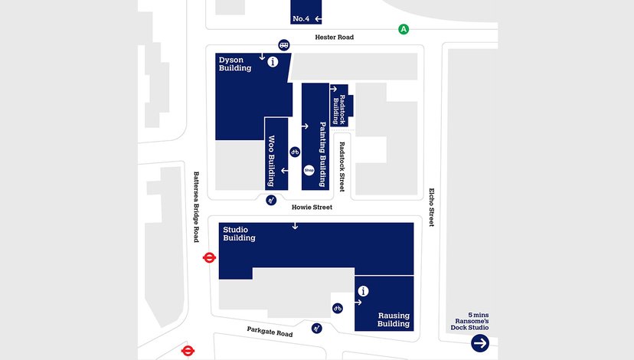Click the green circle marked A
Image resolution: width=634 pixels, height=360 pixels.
tap(404, 30)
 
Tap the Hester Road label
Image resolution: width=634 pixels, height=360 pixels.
tap(335, 37)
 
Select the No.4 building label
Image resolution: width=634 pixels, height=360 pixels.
tap(301, 18)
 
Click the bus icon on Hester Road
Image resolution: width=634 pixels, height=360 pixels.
tap(284, 45)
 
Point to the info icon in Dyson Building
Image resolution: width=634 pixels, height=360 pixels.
tap(273, 63)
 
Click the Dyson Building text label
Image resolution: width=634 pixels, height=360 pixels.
tap(235, 64)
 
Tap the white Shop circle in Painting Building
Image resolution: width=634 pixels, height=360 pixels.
tap(309, 170)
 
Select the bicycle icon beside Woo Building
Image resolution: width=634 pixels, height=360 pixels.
tap(294, 152)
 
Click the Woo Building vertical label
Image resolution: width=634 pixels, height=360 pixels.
tap(271, 161)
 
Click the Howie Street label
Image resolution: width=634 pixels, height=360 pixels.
tap(312, 207)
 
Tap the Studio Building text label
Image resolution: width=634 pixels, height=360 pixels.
tap(239, 234)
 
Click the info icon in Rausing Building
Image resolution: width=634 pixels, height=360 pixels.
tap(363, 291)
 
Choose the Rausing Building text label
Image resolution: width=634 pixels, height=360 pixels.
tap(394, 319)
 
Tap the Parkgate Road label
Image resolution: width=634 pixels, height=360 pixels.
tap(270, 333)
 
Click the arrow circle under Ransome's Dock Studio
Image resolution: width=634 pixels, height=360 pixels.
tap(480, 343)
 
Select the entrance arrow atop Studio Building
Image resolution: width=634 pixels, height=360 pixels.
tap(295, 226)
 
